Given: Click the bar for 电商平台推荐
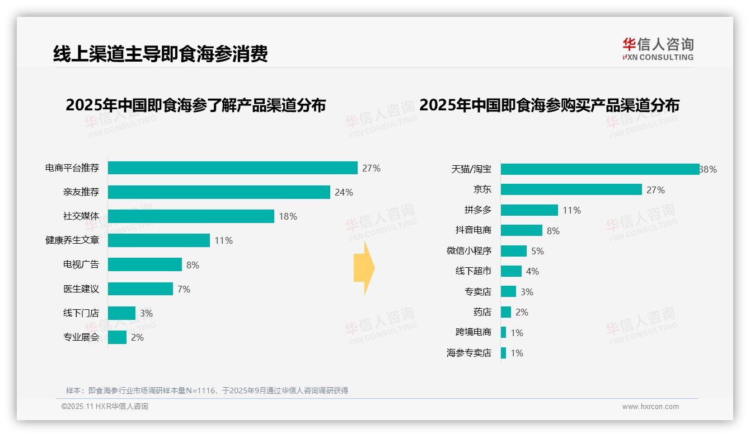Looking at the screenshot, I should coord(232,168).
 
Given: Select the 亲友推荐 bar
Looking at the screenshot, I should coord(219,192).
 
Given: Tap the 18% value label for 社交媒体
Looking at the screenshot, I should coord(288,216).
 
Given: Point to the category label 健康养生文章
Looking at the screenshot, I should coord(72,240).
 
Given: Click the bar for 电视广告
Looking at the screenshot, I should coord(145,264).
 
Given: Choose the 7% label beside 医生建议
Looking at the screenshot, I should coord(184,289).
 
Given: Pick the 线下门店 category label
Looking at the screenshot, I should coord(81,313).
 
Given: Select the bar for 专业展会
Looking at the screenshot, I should coord(117,337).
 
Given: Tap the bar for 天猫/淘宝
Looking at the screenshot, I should coord(599,169).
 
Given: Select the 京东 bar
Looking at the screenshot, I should coord(571,189).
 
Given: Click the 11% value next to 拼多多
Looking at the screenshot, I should coord(571,210).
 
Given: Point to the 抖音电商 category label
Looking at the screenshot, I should coord(474,230).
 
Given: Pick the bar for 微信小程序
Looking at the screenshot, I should coord(514,251).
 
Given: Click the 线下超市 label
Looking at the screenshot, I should coord(474,271).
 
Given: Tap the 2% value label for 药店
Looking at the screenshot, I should coord(522,312).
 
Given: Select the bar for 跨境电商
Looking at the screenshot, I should coord(504,332).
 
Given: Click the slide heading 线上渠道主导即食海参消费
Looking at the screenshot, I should coord(161,53).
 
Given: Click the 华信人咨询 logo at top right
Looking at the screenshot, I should coord(658,49).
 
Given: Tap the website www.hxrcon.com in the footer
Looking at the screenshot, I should coord(650,407).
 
